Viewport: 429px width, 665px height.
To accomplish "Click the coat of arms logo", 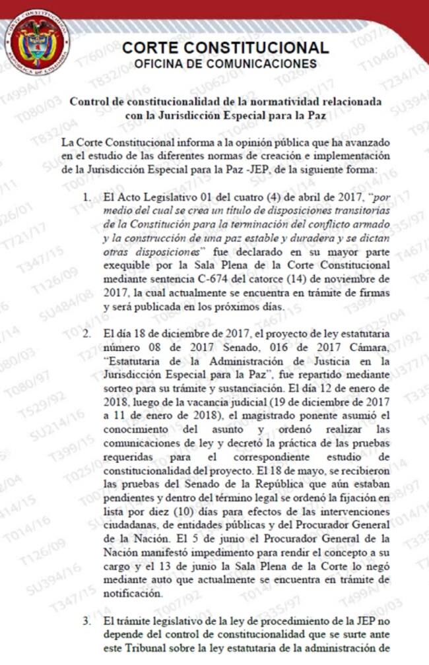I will [x=40, y=41].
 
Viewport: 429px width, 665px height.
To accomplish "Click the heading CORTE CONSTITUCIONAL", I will [x=226, y=47].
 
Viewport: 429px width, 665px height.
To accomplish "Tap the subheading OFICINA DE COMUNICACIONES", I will [x=226, y=64].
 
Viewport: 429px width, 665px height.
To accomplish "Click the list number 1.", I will [x=88, y=197].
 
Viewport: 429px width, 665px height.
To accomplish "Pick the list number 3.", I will [x=88, y=621].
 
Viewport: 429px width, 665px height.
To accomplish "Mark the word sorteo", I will [x=117, y=386].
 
